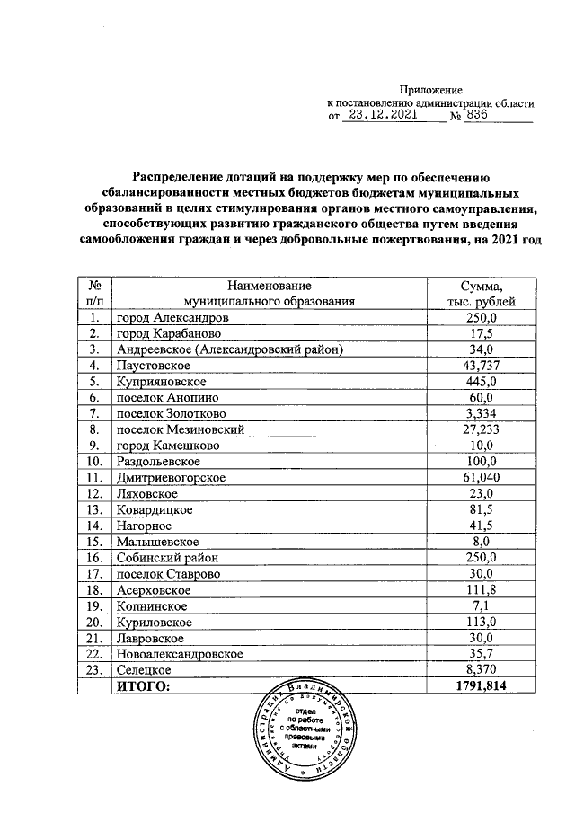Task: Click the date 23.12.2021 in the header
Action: click(385, 115)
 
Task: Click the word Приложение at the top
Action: click(430, 90)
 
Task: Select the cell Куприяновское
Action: click(159, 381)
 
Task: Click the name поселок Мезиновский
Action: click(181, 429)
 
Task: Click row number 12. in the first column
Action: click(93, 493)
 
